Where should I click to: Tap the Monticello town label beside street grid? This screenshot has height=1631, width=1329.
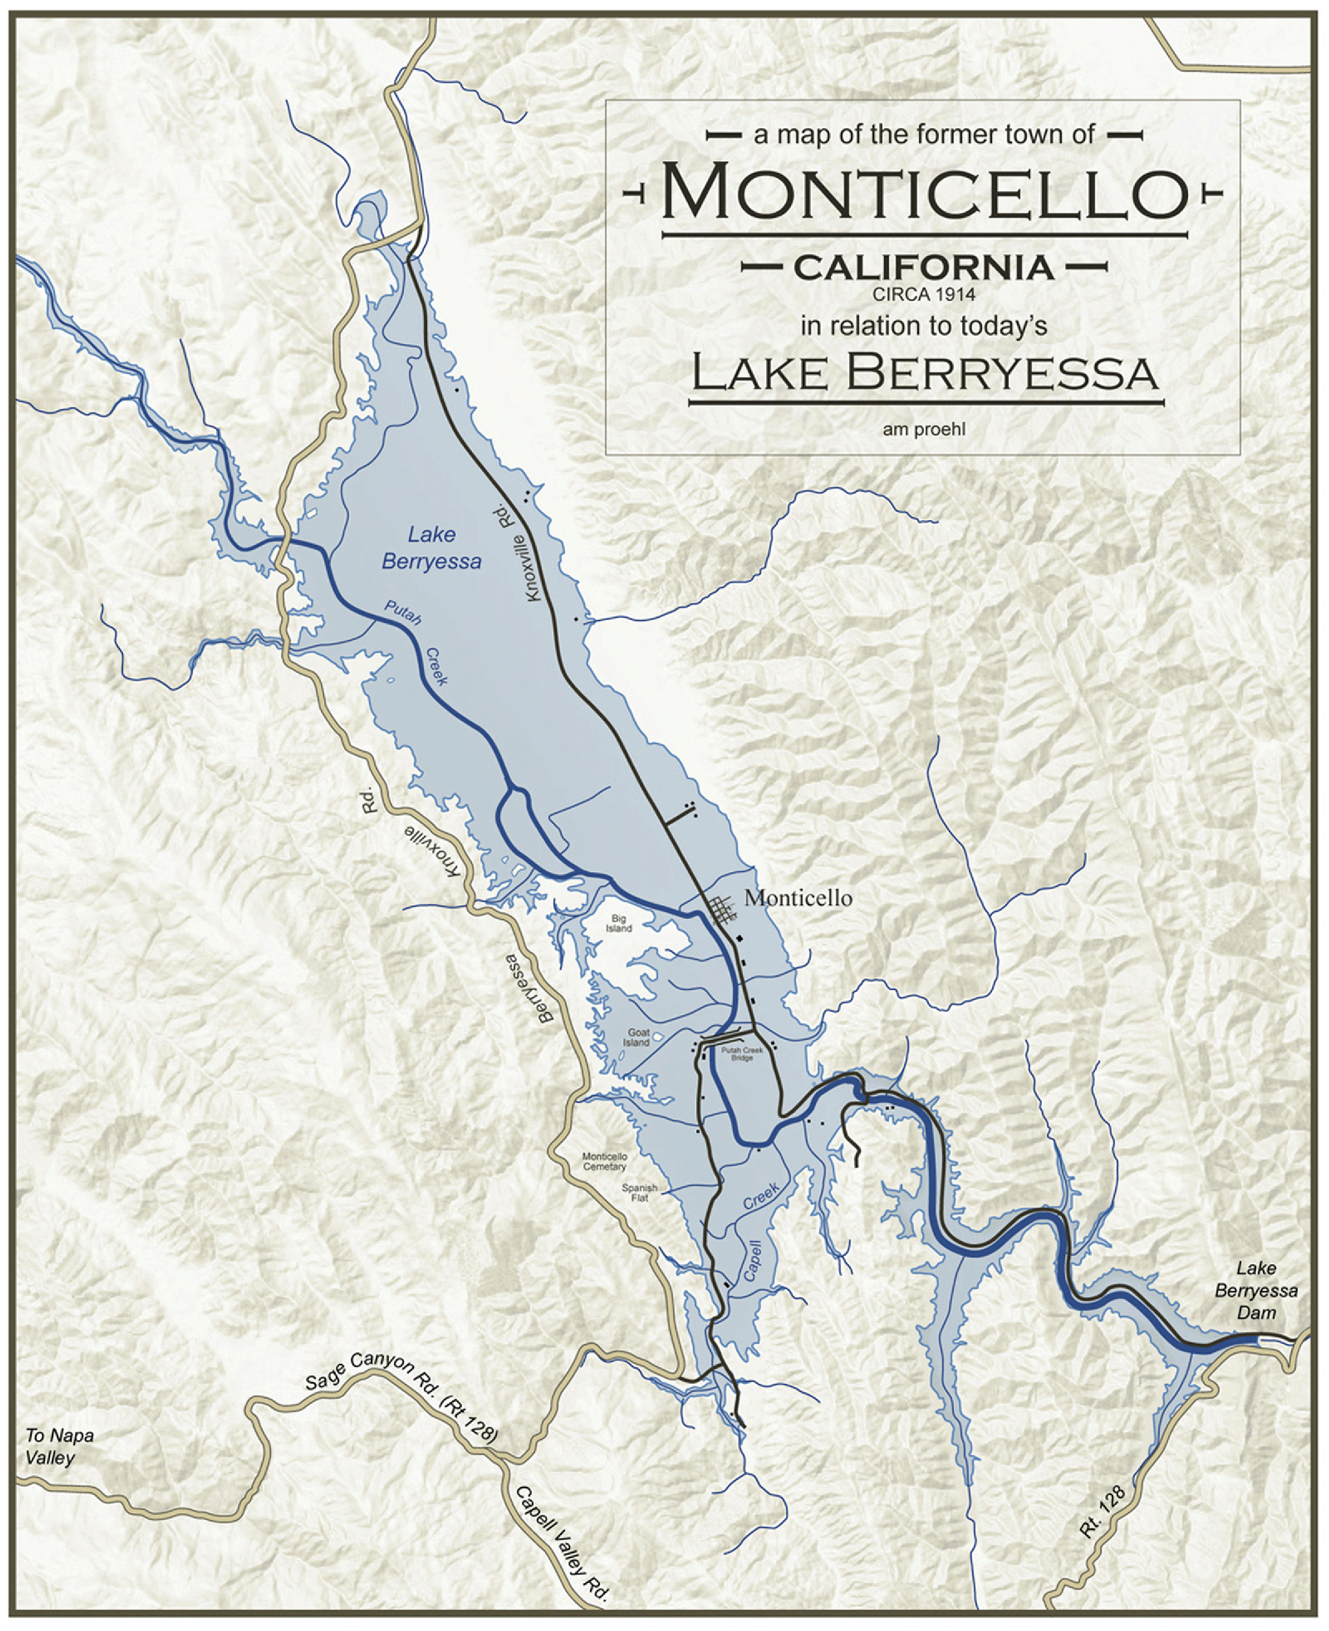point(798,899)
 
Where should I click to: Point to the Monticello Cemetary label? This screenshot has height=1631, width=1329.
point(605,1162)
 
